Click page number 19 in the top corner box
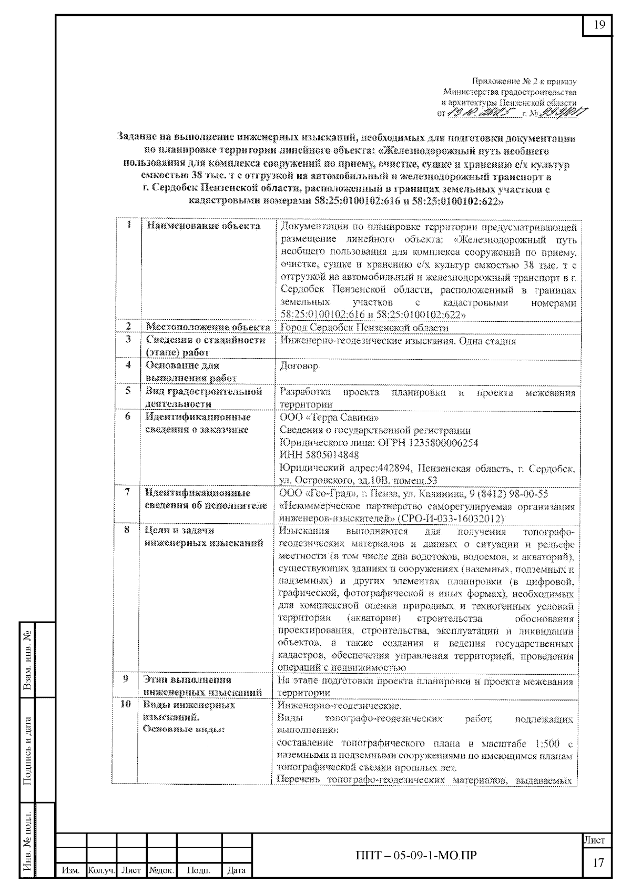point(599,25)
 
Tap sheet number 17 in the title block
point(598,862)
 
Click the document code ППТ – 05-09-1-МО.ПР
point(416,855)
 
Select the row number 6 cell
point(128,417)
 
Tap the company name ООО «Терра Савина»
point(329,418)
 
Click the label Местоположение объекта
point(208,328)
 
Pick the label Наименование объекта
point(203,226)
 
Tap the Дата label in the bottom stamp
point(236,870)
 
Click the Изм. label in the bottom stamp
point(71,870)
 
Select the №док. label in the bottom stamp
point(161,870)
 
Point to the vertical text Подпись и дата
point(28,750)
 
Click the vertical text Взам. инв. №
point(28,661)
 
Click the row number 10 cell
point(126,704)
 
